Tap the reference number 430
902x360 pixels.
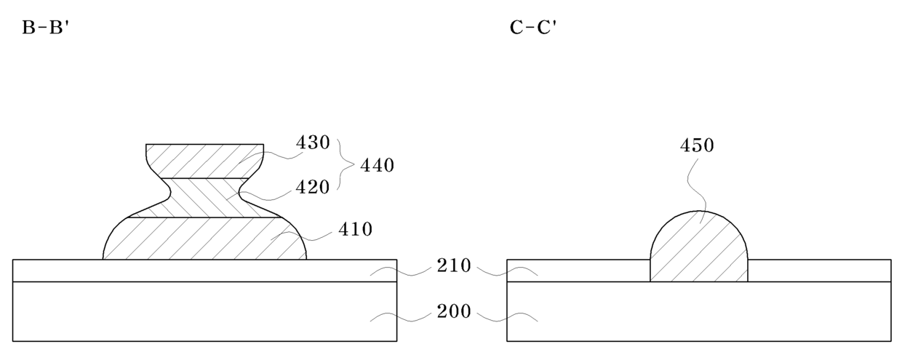click(x=313, y=143)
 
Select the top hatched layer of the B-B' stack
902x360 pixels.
click(x=204, y=160)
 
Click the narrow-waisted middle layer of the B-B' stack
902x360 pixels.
click(x=204, y=198)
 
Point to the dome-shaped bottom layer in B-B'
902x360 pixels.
click(x=204, y=239)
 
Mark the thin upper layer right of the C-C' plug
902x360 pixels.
click(x=818, y=270)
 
